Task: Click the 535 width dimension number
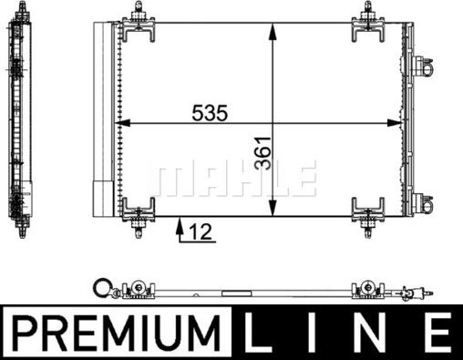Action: coord(210,113)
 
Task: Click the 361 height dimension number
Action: coord(263,153)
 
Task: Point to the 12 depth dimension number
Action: coord(201,232)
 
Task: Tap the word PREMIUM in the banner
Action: coord(117,333)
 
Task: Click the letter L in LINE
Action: coord(258,333)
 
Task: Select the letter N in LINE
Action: coord(374,333)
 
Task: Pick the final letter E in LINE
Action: coord(438,333)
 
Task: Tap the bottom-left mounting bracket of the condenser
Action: coord(139,217)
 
